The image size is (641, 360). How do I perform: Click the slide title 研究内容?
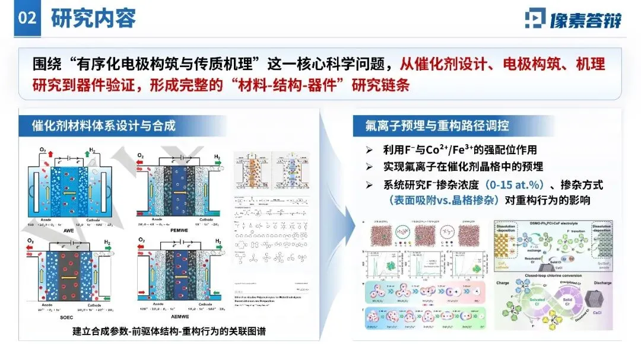pyautogui.click(x=94, y=18)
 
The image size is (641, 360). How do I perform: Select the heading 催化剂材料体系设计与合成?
pyautogui.click(x=104, y=125)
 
